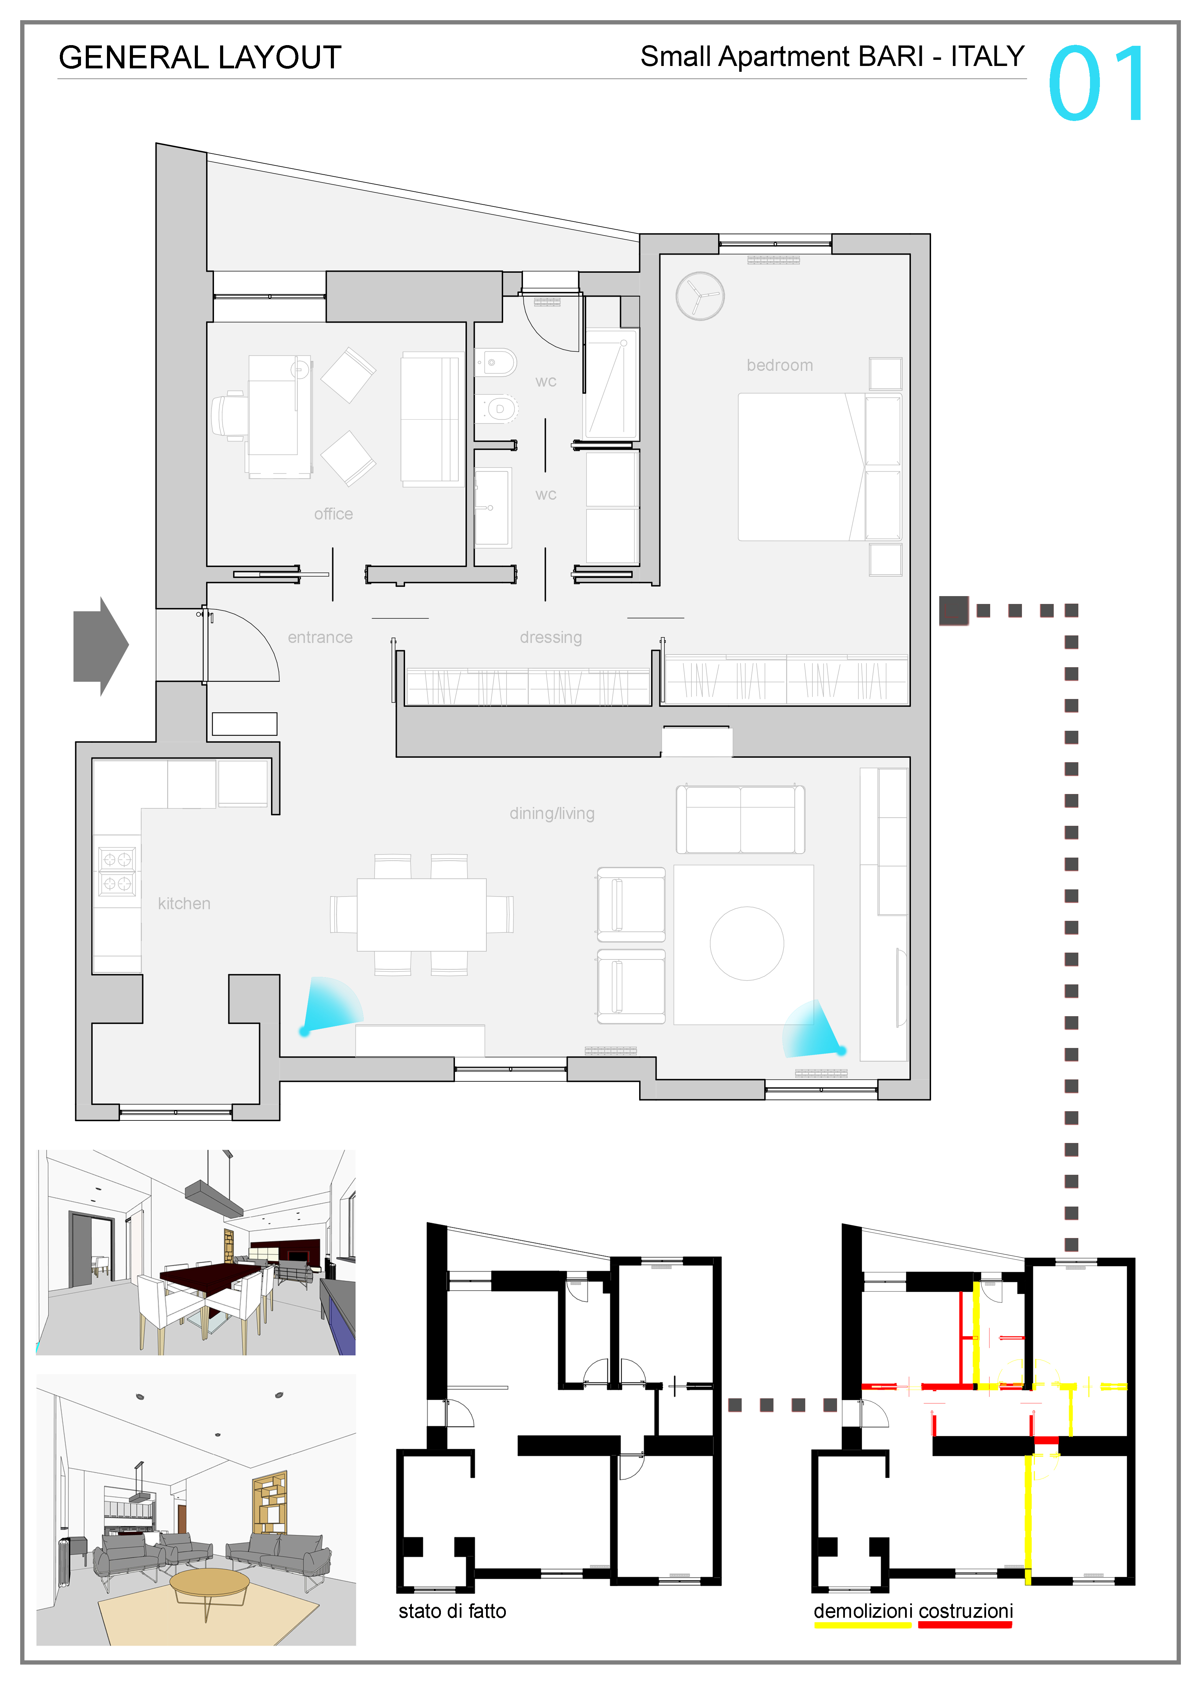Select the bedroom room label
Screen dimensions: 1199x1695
[x=780, y=365]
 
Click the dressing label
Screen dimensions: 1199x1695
[x=551, y=637]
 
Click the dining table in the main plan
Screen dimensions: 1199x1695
[x=421, y=915]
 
